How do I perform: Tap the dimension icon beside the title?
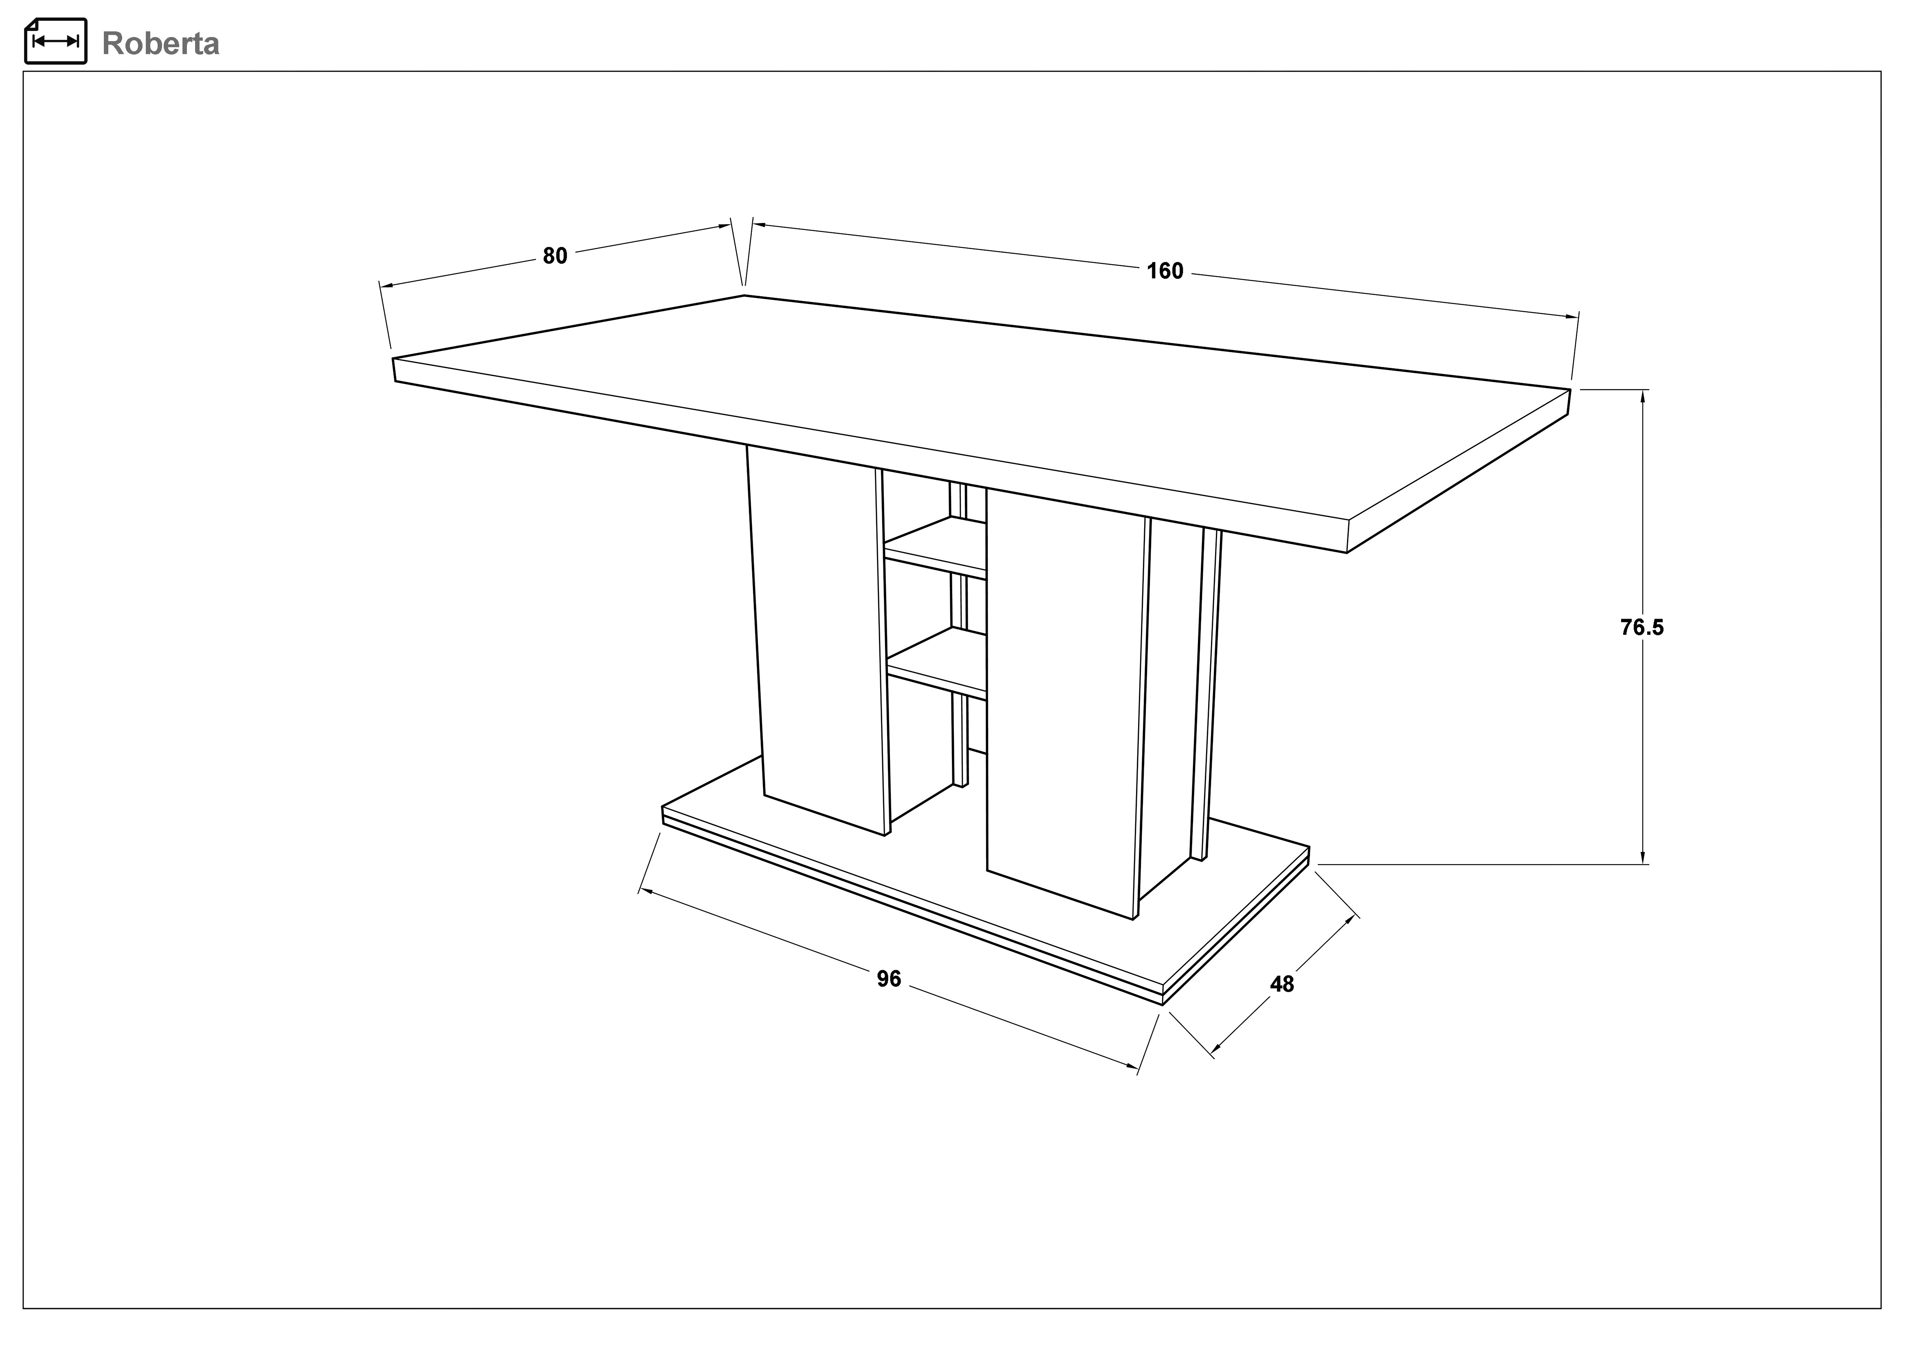click(x=55, y=41)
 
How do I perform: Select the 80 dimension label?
click(x=555, y=256)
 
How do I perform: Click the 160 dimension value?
click(x=1165, y=271)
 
